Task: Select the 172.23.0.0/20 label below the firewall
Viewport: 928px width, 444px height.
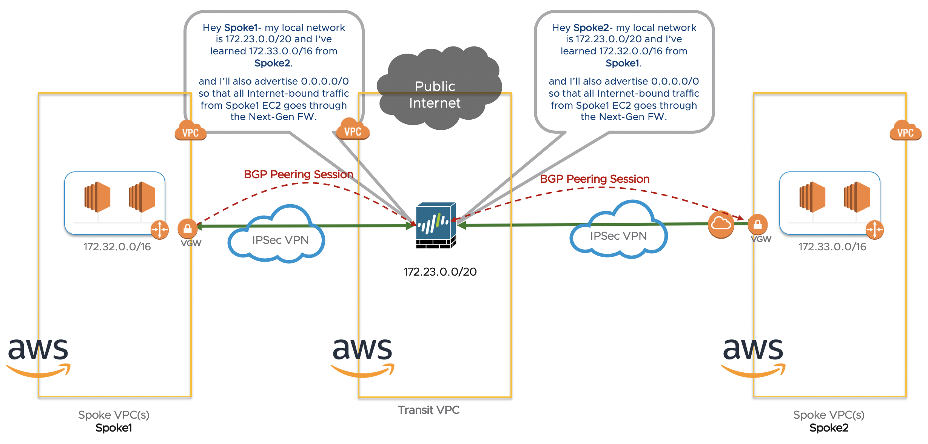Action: [x=440, y=272]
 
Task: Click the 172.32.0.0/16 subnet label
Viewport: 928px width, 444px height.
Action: [x=117, y=247]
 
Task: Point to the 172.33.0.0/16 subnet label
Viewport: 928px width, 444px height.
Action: [x=832, y=247]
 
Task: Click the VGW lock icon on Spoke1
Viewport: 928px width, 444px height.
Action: [x=187, y=228]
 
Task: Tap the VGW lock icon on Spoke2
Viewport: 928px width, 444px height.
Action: [x=757, y=224]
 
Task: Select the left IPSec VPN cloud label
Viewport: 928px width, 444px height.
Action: [x=280, y=240]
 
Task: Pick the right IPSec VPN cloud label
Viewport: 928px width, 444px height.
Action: [x=618, y=236]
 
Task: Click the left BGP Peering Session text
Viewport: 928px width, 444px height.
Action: [x=298, y=174]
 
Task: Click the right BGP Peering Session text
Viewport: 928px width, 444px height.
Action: [x=595, y=179]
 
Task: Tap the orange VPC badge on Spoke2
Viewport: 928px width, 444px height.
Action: [x=905, y=131]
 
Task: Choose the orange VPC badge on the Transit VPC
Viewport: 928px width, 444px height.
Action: [x=353, y=130]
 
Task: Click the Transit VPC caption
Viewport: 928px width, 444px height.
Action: [x=429, y=410]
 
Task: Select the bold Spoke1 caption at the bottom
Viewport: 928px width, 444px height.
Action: [x=114, y=428]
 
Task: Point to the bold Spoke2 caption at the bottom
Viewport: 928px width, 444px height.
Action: [x=829, y=428]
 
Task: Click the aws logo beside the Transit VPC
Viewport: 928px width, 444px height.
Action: [x=362, y=355]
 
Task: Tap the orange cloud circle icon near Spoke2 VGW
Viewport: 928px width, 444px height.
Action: [x=721, y=224]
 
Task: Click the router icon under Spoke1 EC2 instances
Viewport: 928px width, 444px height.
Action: [x=160, y=230]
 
